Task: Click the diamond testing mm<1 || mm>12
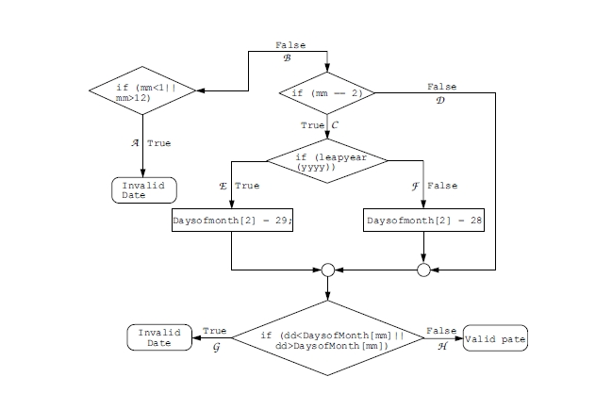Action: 142,92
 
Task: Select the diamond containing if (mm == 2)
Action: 327,93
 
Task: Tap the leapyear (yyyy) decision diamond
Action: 327,161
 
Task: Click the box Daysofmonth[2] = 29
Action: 233,221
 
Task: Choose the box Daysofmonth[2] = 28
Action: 423,221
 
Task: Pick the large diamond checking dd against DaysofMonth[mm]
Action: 327,340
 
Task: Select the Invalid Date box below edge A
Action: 142,189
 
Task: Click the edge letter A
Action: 136,143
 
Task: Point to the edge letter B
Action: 288,57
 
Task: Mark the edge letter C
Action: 334,124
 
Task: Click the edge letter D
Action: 440,99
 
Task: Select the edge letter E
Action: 223,187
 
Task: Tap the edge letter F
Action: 415,187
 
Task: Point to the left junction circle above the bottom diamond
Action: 327,270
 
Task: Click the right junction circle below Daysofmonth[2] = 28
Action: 423,270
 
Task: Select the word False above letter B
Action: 289,45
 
